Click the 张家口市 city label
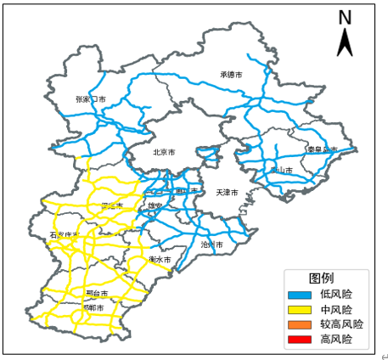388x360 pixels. (90, 99)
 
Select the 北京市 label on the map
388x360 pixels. (164, 153)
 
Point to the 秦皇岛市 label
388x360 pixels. (322, 150)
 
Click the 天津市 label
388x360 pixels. (227, 193)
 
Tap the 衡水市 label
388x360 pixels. (160, 259)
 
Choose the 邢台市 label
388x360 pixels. (96, 293)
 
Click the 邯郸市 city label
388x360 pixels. (93, 307)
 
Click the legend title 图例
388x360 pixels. (321, 278)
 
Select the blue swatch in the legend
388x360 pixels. (301, 295)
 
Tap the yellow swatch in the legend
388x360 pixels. (301, 310)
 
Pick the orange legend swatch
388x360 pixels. (301, 324)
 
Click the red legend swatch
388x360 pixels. (301, 340)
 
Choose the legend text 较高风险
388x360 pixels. (341, 324)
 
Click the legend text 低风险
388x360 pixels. (336, 295)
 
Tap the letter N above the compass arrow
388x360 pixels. (345, 17)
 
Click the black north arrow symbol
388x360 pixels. (345, 42)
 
